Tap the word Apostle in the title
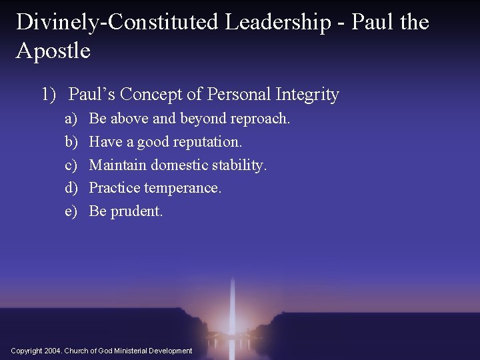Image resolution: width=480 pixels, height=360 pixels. [x=53, y=51]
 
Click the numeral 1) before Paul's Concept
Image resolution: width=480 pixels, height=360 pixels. [x=49, y=95]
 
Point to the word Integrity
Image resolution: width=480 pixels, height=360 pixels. [x=307, y=95]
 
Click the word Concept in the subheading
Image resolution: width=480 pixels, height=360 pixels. [x=153, y=95]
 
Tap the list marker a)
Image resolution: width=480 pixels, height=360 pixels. [x=71, y=119]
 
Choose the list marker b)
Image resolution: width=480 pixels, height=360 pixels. [x=71, y=142]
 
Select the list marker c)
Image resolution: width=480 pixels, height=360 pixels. [x=71, y=165]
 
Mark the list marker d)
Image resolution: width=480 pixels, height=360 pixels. [x=71, y=188]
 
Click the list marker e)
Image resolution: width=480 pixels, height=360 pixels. [x=71, y=211]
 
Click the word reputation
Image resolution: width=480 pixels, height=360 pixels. [x=207, y=142]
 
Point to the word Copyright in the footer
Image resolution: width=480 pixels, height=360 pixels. [x=26, y=351]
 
